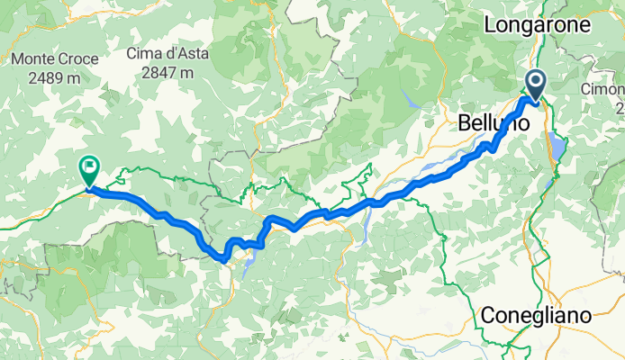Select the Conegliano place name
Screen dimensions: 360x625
click(x=537, y=316)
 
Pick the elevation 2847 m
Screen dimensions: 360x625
click(x=168, y=72)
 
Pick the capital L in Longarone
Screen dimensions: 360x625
click(x=491, y=25)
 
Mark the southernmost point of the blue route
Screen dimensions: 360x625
click(x=222, y=260)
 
